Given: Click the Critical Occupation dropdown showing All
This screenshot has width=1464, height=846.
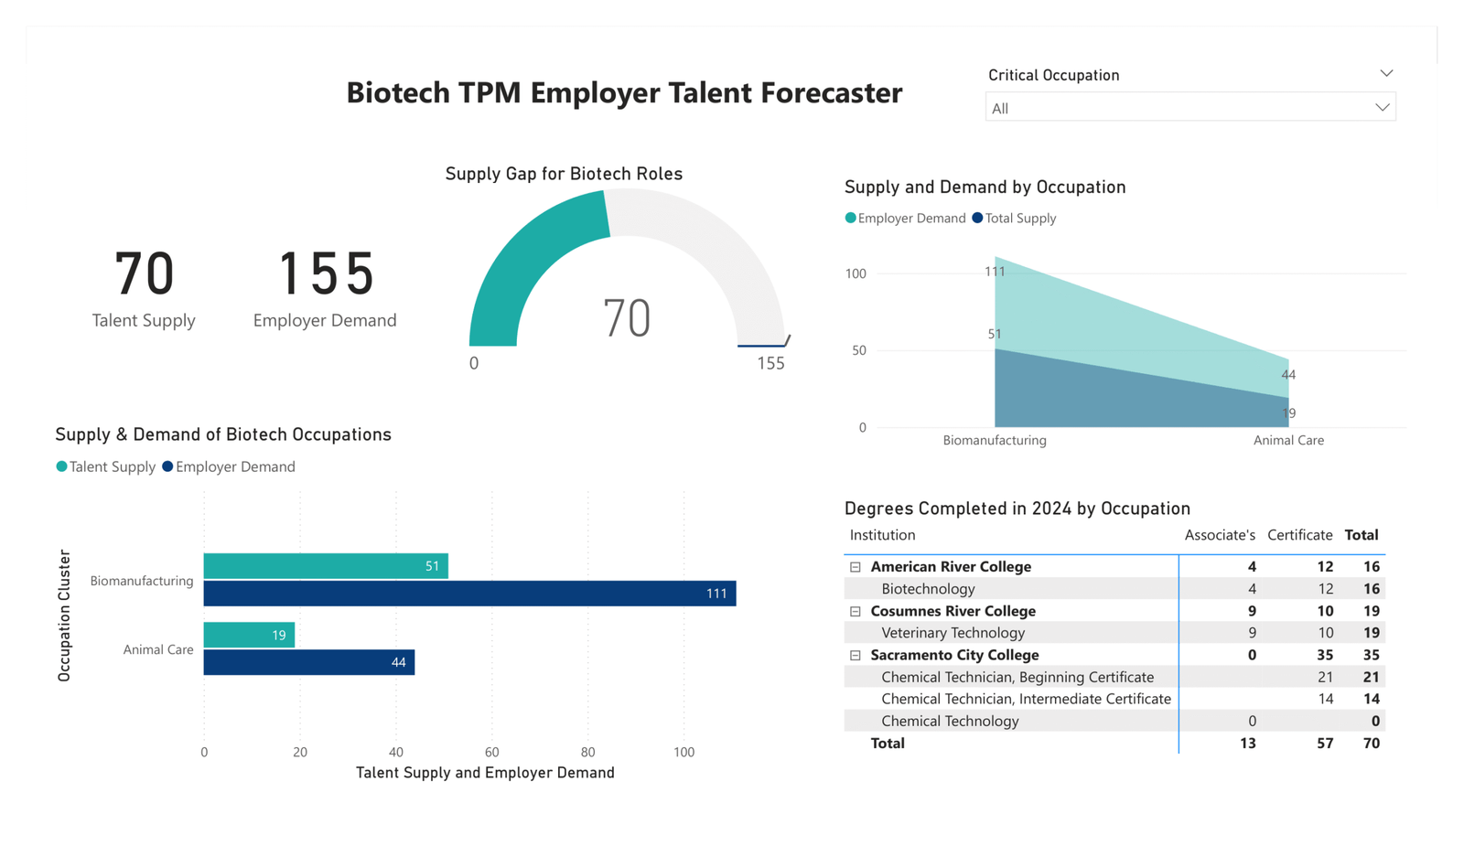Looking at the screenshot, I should tap(1189, 108).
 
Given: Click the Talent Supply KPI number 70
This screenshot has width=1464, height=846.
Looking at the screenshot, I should tap(144, 273).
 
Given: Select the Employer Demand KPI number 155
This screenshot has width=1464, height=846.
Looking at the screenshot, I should tap(325, 273).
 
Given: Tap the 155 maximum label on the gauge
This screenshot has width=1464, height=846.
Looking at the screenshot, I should tap(770, 363).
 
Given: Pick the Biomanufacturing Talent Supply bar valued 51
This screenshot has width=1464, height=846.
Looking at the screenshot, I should tap(325, 566).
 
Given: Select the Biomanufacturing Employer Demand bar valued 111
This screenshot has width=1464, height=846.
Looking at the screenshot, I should tap(468, 594).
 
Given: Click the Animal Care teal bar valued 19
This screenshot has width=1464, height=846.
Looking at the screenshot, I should tap(248, 635).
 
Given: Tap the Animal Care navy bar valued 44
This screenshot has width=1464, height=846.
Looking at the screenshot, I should tap(308, 662).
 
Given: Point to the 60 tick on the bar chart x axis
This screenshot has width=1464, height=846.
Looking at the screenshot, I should tap(491, 752).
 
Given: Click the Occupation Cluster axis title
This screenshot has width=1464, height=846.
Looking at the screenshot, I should tap(64, 615).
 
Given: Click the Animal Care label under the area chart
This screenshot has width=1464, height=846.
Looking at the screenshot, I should tap(1288, 440).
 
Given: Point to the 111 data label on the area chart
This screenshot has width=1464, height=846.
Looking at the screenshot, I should tap(995, 271).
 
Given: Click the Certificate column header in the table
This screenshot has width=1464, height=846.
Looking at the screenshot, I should tap(1299, 535).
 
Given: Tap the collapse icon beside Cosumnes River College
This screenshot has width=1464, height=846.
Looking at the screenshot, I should tap(856, 611).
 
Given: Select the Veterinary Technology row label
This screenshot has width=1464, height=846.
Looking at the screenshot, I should tap(953, 633).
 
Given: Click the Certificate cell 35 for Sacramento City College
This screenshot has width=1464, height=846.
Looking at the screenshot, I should tap(1324, 655).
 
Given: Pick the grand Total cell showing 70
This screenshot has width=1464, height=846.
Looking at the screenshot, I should tap(1371, 743).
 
